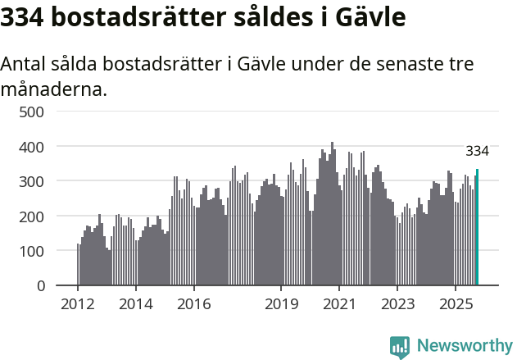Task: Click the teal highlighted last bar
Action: pyautogui.click(x=477, y=227)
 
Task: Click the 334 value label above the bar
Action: pyautogui.click(x=477, y=151)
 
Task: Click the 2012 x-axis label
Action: pyautogui.click(x=78, y=305)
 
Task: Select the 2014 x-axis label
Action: pyautogui.click(x=136, y=305)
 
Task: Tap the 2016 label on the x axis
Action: pyautogui.click(x=193, y=305)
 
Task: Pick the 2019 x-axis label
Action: pyautogui.click(x=281, y=305)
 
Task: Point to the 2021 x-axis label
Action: pyautogui.click(x=338, y=305)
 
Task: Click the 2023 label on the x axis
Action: pyautogui.click(x=397, y=305)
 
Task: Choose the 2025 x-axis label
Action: pyautogui.click(x=455, y=305)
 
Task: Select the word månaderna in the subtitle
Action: pyautogui.click(x=54, y=89)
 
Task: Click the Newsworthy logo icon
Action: pyautogui.click(x=400, y=347)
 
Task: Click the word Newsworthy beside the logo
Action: pyautogui.click(x=464, y=346)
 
